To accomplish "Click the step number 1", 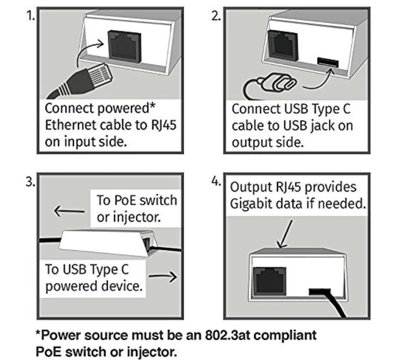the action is coord(30,16).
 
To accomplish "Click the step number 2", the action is coord(216,16).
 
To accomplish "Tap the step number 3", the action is coord(30,182).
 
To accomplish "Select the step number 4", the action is coord(216,181).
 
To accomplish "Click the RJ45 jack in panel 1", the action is coord(125,46).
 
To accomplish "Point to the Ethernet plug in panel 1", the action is coord(83,80).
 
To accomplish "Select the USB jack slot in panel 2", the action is coord(328,62).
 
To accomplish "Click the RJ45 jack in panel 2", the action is coord(283,45).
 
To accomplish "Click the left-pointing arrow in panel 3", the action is coord(69,211).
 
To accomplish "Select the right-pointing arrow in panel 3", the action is coord(163,276).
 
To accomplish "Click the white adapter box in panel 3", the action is coord(108,243).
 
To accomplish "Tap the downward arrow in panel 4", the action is coord(285,234).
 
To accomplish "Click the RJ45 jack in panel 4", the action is coord(269,281).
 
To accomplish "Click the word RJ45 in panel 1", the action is coord(163,125).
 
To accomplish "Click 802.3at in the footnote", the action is coord(227,335).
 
